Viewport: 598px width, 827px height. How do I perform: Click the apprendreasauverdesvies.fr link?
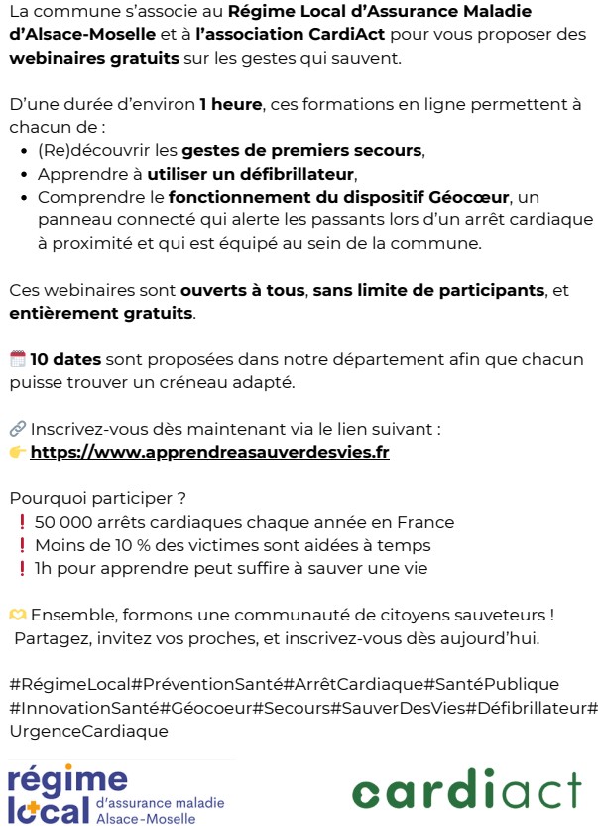(x=209, y=452)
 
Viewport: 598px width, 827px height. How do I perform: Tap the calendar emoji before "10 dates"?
(x=17, y=359)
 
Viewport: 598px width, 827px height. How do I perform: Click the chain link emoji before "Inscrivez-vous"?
(x=17, y=429)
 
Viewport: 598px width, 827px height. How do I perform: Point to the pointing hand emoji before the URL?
(x=17, y=452)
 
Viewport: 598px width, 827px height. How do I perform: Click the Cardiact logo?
(x=466, y=791)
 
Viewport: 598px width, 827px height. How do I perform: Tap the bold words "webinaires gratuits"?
(x=94, y=58)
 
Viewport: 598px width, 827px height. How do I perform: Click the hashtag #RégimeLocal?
(x=68, y=684)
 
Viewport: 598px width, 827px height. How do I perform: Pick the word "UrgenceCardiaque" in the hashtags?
(x=89, y=731)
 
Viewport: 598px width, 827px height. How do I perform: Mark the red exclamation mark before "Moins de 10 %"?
(x=21, y=545)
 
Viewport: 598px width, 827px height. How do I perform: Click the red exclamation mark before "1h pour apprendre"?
(x=21, y=569)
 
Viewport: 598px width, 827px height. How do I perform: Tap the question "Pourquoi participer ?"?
(x=97, y=498)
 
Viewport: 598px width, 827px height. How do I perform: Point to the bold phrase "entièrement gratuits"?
(x=100, y=313)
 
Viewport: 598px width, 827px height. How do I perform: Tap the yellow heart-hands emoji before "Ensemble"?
(x=18, y=615)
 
